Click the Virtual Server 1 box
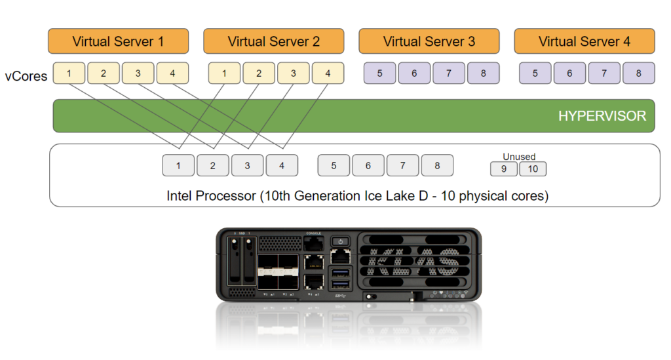click(118, 41)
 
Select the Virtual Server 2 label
click(273, 41)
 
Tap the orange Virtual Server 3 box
click(429, 41)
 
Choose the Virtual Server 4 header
click(584, 41)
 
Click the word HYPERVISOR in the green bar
click(602, 116)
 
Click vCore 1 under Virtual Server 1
click(69, 73)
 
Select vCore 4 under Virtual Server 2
click(328, 73)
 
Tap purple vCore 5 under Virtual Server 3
click(380, 73)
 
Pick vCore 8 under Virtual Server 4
click(638, 73)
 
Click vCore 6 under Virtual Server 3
click(414, 73)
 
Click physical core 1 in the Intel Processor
click(178, 166)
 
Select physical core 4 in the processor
click(282, 166)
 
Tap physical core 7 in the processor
click(402, 166)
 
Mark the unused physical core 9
click(503, 169)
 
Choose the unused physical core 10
click(533, 169)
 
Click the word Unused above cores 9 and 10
click(519, 157)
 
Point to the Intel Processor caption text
click(357, 195)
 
